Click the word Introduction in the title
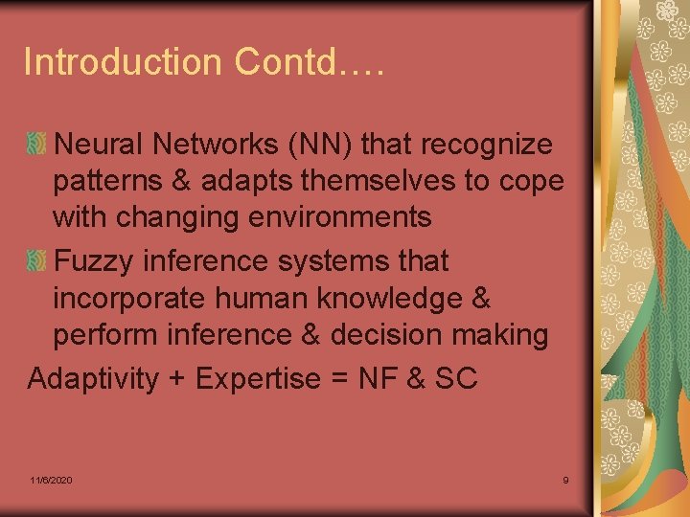[x=122, y=62]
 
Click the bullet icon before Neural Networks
[x=37, y=146]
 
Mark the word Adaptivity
[x=93, y=379]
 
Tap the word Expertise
[x=258, y=379]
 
